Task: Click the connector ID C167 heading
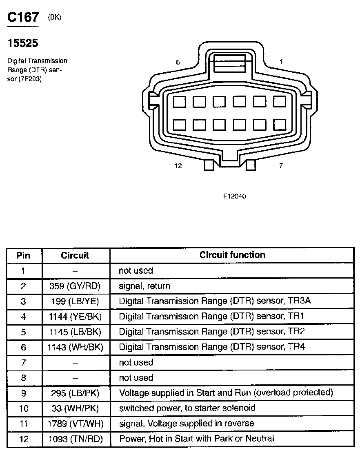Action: click(23, 18)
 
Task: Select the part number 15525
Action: click(23, 43)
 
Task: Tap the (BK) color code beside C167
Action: click(54, 17)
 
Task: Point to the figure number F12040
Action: click(234, 196)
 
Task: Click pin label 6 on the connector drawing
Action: click(178, 62)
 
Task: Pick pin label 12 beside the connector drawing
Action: click(178, 166)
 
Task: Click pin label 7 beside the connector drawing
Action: click(281, 166)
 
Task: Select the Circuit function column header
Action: click(232, 255)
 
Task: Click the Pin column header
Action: click(23, 256)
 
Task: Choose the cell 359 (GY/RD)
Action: click(75, 286)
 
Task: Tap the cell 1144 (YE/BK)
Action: click(75, 317)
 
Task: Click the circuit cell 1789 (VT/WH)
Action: click(75, 424)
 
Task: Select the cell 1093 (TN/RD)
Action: click(75, 439)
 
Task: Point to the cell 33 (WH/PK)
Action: click(75, 408)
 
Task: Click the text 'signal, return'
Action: click(144, 286)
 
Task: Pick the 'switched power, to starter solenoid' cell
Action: click(187, 408)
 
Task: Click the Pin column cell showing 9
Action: click(23, 393)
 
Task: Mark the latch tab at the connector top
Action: click(230, 64)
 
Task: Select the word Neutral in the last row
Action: click(260, 439)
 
